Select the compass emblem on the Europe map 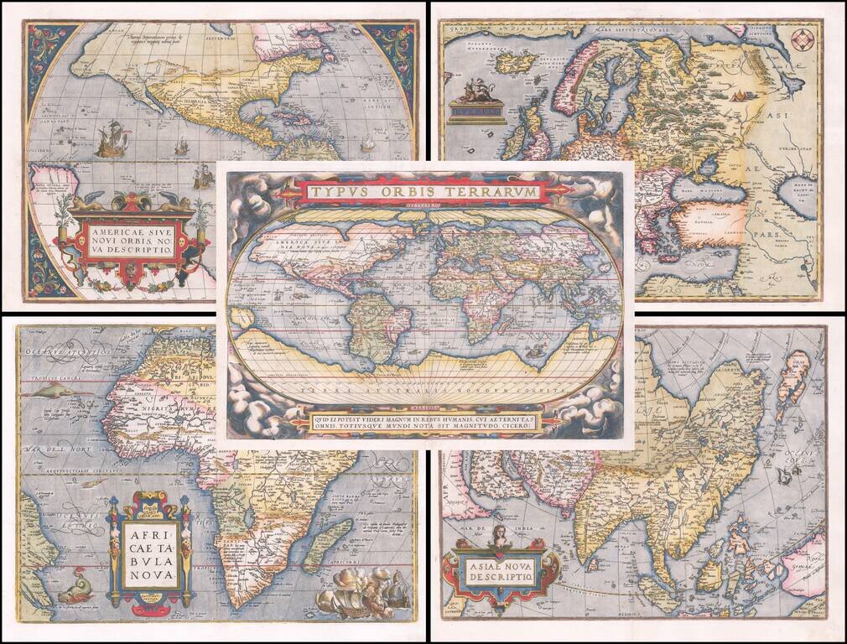point(802,39)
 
